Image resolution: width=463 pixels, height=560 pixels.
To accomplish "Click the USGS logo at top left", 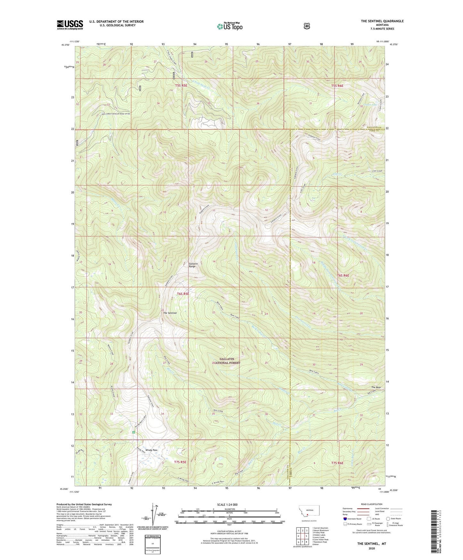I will [70, 24].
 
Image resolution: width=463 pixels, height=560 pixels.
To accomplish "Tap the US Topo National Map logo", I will [229, 26].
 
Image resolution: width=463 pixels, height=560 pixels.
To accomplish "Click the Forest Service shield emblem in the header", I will [307, 26].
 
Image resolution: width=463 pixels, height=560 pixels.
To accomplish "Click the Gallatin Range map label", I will [193, 265].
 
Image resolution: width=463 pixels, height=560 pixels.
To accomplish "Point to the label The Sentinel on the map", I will [170, 313].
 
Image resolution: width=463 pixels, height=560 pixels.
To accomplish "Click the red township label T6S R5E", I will [183, 293].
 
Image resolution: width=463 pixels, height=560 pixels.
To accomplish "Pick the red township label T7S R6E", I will [337, 463].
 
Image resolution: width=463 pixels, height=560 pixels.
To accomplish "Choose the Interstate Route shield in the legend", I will [344, 518].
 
